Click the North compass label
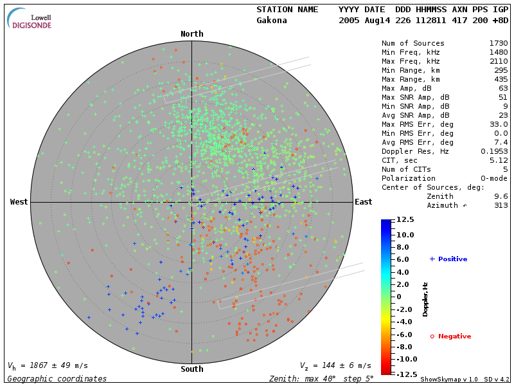tap(191, 34)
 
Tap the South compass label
tap(191, 369)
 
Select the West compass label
tap(19, 202)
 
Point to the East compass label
tap(364, 202)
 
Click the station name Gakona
tap(272, 21)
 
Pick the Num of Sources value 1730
tap(498, 43)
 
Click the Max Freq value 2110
tap(498, 61)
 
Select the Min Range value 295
tap(501, 70)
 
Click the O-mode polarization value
tap(493, 178)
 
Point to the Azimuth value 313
tap(501, 205)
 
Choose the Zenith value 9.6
tap(501, 196)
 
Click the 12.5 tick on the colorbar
tap(404, 220)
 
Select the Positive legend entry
tap(448, 259)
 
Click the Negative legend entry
tap(450, 336)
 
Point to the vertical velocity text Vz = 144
tap(335, 365)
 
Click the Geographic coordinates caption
tap(57, 379)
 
